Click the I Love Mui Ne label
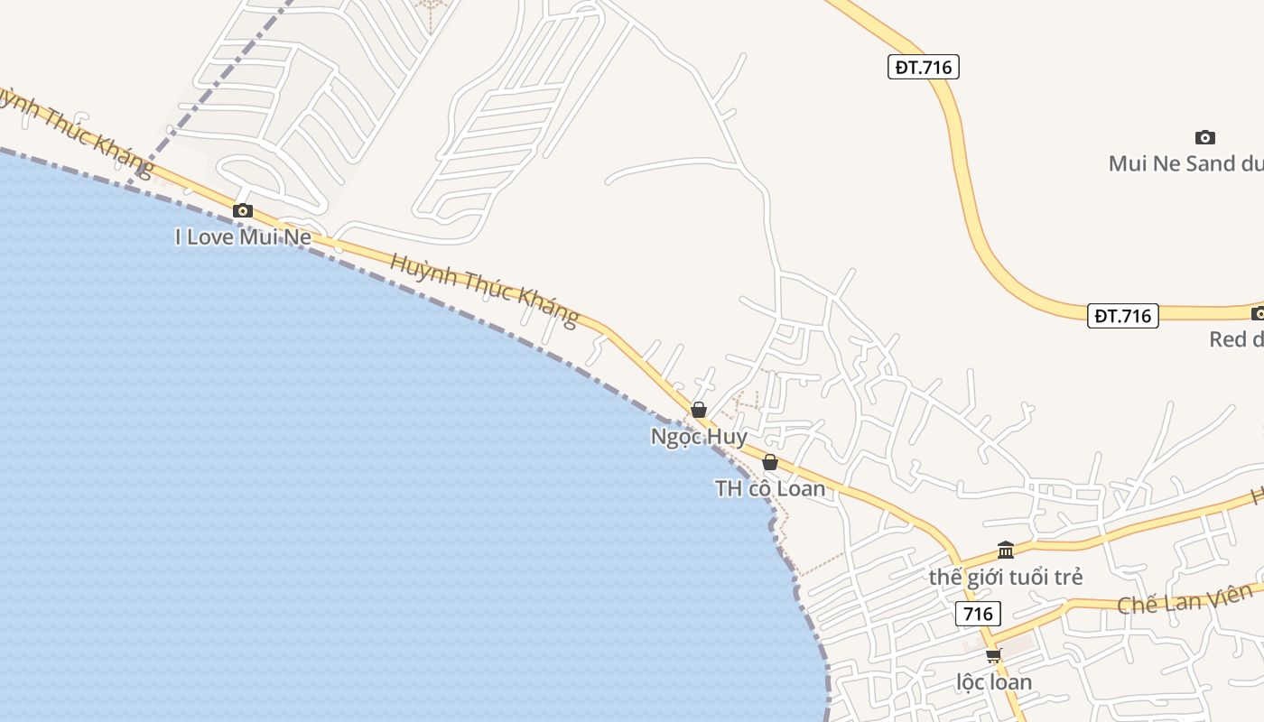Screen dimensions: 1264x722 pyautogui.click(x=243, y=237)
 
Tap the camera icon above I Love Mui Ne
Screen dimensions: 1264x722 pyautogui.click(x=242, y=211)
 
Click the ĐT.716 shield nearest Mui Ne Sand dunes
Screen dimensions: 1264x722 pyautogui.click(x=923, y=67)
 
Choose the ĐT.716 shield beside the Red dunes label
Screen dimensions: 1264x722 pyautogui.click(x=1122, y=316)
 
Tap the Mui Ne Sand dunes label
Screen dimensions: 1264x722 pyautogui.click(x=1184, y=163)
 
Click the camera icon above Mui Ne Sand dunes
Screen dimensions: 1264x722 pyautogui.click(x=1204, y=138)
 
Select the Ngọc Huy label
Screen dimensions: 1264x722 pyautogui.click(x=699, y=437)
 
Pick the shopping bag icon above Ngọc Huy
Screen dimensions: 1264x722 pyautogui.click(x=698, y=410)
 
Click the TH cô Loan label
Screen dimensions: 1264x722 pyautogui.click(x=770, y=488)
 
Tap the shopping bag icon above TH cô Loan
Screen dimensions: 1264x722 pyautogui.click(x=770, y=463)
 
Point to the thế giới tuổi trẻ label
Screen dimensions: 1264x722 pyautogui.click(x=1006, y=577)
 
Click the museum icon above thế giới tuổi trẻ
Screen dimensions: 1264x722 pyautogui.click(x=1006, y=550)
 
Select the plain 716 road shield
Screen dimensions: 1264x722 pyautogui.click(x=978, y=615)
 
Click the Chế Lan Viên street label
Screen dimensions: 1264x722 pyautogui.click(x=1185, y=598)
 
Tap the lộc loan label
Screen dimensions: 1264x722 pyautogui.click(x=994, y=681)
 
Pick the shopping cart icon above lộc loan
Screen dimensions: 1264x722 pyautogui.click(x=994, y=655)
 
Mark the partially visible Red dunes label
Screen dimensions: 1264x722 pyautogui.click(x=1236, y=339)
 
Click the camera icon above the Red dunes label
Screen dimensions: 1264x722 pyautogui.click(x=1258, y=314)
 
